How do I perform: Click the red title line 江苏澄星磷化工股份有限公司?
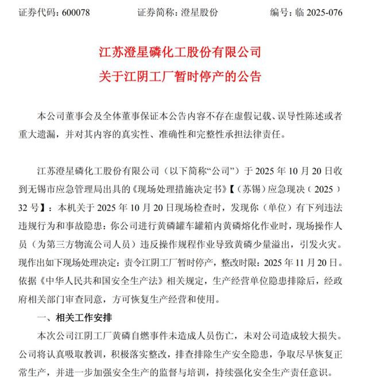(x=189, y=52)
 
